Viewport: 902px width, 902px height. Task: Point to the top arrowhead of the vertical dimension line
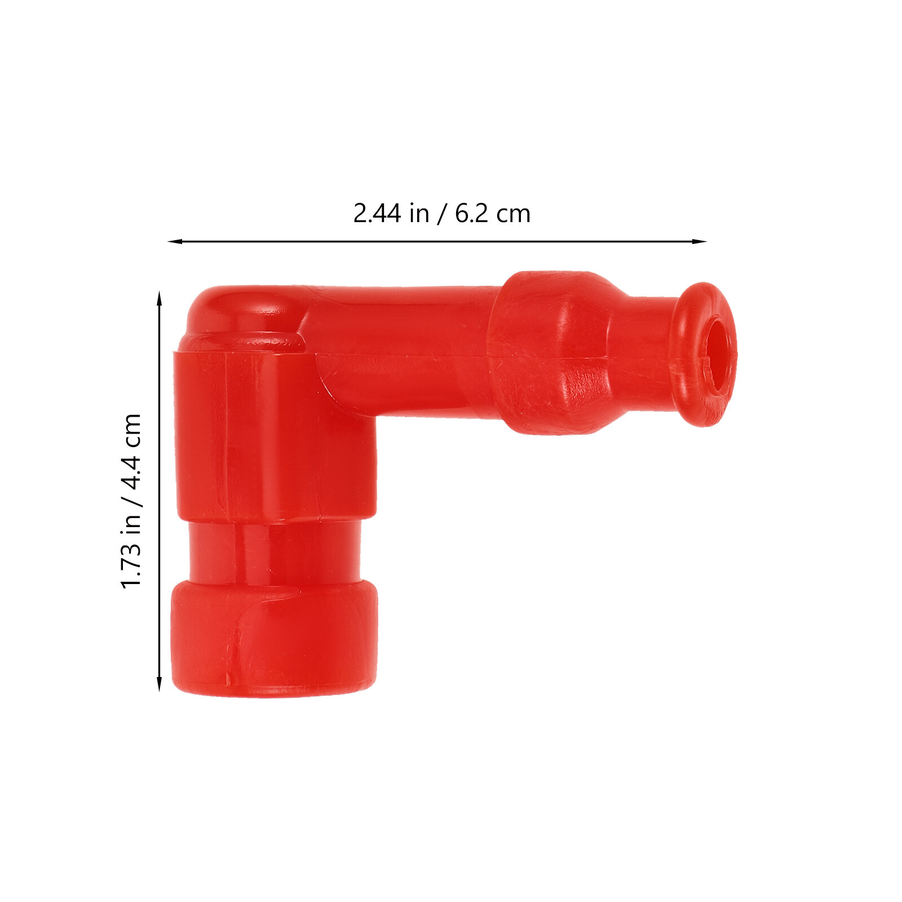pos(160,299)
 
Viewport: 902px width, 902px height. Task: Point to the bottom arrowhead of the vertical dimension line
pos(160,684)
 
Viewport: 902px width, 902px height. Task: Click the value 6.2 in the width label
pos(471,214)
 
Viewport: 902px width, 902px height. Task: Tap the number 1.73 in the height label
pos(131,565)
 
